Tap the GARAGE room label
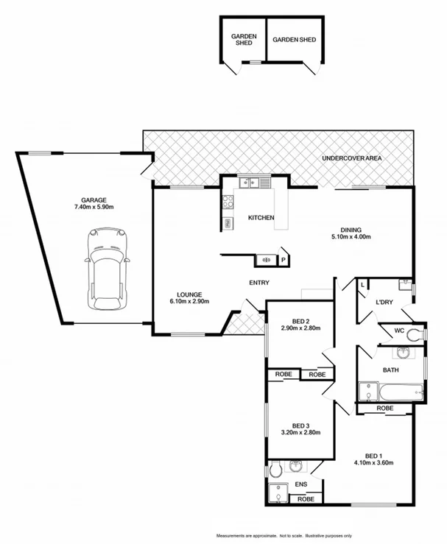pyautogui.click(x=94, y=199)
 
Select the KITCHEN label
pyautogui.click(x=261, y=218)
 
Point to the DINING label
pyautogui.click(x=351, y=228)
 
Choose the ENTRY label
pyautogui.click(x=259, y=283)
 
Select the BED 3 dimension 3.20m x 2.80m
pyautogui.click(x=300, y=434)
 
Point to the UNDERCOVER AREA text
pyautogui.click(x=351, y=159)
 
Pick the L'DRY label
pyautogui.click(x=384, y=303)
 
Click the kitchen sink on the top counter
pyautogui.click(x=248, y=182)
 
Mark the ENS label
pyautogui.click(x=300, y=484)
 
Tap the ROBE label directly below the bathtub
pyautogui.click(x=384, y=408)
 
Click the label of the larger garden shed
pyautogui.click(x=294, y=39)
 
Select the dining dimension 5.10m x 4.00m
pyautogui.click(x=351, y=237)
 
